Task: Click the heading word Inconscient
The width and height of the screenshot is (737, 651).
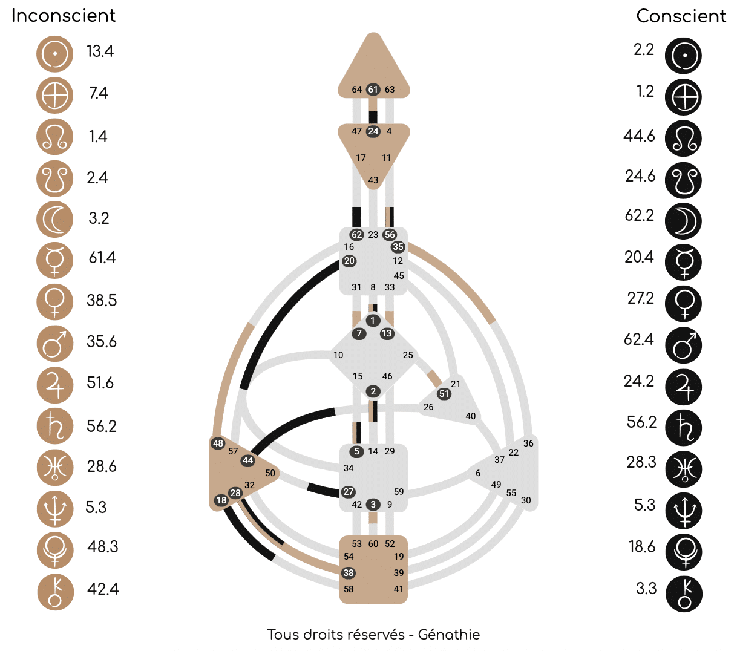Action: pos(64,16)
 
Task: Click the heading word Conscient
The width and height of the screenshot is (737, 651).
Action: pos(681,16)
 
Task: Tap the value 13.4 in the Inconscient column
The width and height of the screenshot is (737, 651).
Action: pos(100,51)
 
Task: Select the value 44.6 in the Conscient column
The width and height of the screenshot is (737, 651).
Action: pos(639,136)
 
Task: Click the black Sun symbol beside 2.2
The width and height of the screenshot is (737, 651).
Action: pos(684,56)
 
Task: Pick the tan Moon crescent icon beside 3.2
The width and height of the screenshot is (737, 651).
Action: pos(55,220)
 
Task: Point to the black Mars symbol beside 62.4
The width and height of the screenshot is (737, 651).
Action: pos(684,345)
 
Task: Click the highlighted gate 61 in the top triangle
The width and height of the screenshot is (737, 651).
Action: pos(373,90)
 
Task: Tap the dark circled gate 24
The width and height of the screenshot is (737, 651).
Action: pos(373,131)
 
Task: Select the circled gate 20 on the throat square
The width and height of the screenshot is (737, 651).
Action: pos(349,261)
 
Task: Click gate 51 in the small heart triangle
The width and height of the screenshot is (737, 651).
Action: pos(444,394)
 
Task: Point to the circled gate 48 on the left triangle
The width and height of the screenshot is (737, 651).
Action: pos(218,443)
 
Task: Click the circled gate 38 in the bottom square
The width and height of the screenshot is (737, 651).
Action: pos(349,573)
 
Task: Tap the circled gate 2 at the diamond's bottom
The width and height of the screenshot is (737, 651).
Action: pos(373,391)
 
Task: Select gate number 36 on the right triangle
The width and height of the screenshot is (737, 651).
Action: pos(528,443)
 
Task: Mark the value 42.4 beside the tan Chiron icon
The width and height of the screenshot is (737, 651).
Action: pos(103,589)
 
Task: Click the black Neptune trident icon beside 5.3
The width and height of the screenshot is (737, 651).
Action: pos(684,511)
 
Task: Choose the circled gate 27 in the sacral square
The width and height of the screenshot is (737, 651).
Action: pos(349,492)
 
